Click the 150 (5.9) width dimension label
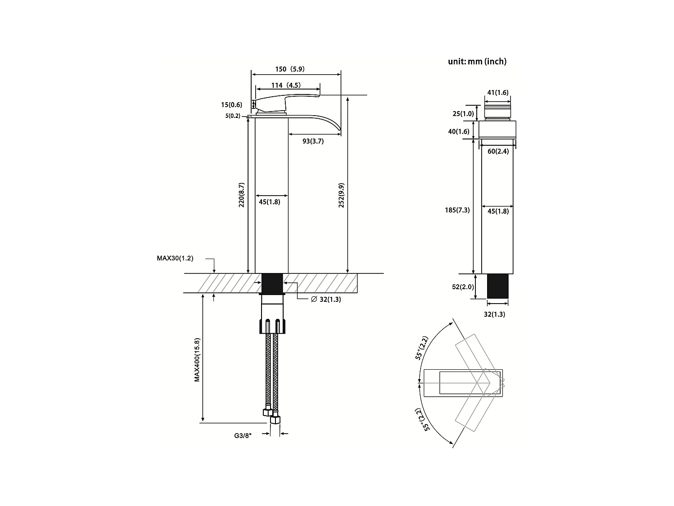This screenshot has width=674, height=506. [289, 69]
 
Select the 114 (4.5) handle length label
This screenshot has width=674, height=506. [286, 85]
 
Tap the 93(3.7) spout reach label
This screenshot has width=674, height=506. [313, 141]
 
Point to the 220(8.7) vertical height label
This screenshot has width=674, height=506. [242, 195]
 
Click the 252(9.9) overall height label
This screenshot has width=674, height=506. [341, 195]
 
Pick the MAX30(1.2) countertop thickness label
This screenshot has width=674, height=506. [175, 258]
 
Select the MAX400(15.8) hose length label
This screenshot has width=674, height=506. [197, 360]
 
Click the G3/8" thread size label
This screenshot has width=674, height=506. [244, 435]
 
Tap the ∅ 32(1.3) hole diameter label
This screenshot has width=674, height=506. [326, 300]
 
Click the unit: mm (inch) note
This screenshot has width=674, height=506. [477, 62]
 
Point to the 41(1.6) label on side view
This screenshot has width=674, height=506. [497, 93]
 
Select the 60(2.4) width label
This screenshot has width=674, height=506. [498, 152]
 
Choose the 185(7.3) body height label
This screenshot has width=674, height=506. [457, 210]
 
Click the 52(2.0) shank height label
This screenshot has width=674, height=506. [463, 287]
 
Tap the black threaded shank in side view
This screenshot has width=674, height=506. [498, 286]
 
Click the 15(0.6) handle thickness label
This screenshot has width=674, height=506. [231, 105]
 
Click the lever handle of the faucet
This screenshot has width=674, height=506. [279, 102]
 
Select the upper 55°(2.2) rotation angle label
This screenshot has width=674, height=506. [422, 348]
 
